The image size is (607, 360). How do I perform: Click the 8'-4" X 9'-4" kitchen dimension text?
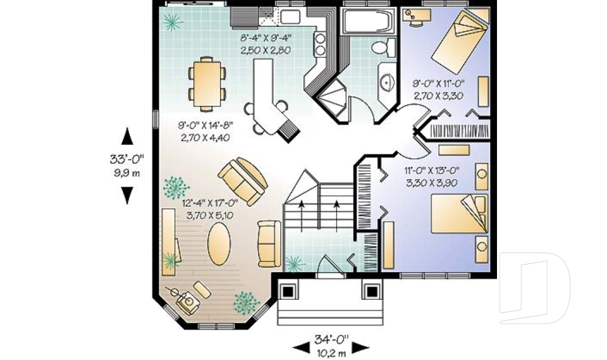point(266,44)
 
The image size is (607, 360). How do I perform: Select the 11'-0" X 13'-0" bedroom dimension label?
point(431,177)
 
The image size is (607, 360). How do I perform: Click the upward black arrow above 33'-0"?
point(128,135)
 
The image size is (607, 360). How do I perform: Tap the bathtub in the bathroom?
point(367,22)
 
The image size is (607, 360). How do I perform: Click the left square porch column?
point(287,290)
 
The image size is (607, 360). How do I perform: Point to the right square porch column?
point(370,290)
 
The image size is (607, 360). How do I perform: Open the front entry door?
point(329,267)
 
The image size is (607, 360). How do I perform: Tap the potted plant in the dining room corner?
point(172,23)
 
